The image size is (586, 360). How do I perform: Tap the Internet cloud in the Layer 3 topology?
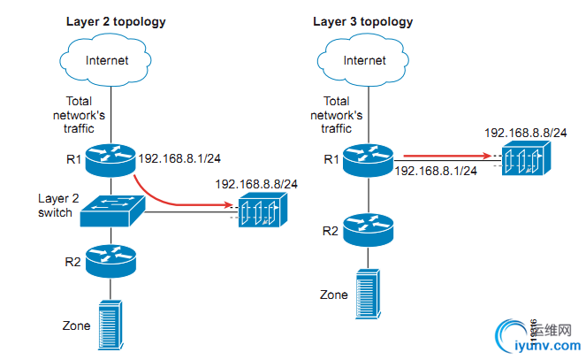[364, 60]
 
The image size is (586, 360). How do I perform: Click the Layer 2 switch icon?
[111, 209]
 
